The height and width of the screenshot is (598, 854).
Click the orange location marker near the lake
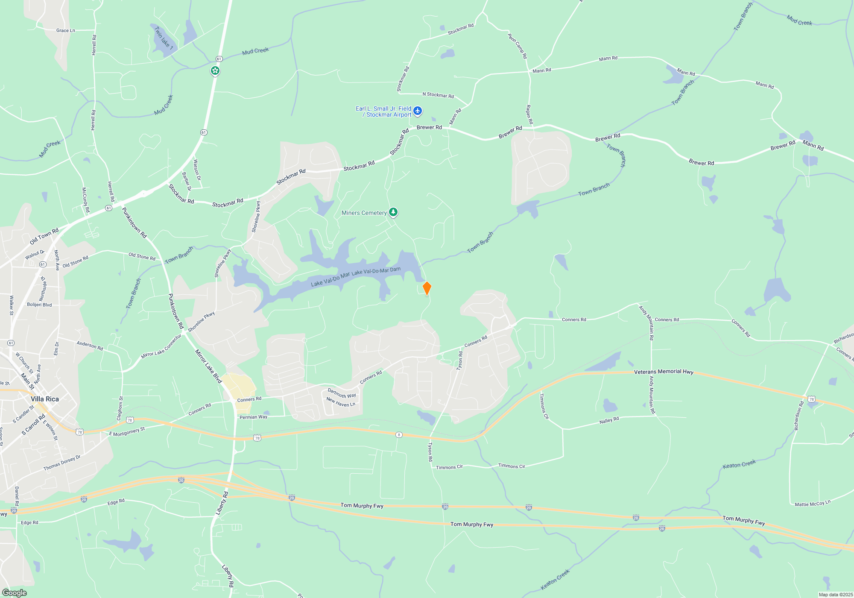(427, 288)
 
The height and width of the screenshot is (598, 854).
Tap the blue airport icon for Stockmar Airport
(417, 111)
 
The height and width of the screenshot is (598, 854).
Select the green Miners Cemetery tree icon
(393, 212)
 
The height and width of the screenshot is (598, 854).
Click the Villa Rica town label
(45, 399)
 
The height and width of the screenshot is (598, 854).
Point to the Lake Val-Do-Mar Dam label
(376, 271)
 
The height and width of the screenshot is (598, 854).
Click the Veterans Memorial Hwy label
(664, 372)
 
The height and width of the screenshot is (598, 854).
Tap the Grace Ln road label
(66, 30)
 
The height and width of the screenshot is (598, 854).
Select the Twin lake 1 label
(164, 38)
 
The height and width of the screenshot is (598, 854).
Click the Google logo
(15, 592)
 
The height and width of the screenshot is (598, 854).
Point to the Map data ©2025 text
(836, 595)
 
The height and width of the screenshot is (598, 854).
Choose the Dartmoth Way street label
(342, 393)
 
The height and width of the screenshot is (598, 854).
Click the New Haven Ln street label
(341, 402)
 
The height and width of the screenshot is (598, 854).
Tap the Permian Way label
(253, 417)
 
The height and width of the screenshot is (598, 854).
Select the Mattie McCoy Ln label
(813, 504)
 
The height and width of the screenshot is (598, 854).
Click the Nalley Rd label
(609, 420)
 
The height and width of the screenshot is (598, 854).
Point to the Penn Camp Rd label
(518, 46)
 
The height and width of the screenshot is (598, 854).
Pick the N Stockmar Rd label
(438, 95)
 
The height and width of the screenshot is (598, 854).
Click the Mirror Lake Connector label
(161, 346)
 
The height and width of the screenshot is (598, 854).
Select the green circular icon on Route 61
(215, 70)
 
